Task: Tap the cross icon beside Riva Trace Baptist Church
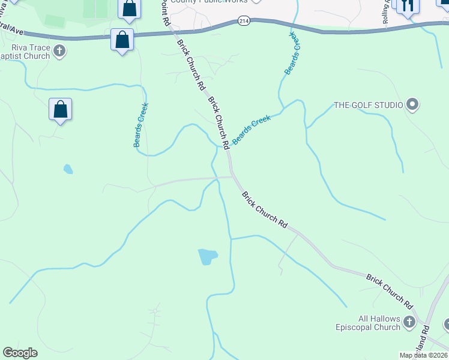pos(59,51)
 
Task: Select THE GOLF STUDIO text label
pos(368,105)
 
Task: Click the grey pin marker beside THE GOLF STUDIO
pos(412,105)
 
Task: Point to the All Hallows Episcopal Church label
pos(370,323)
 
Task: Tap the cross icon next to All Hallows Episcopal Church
pos(409,322)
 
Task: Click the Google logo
pos(20,353)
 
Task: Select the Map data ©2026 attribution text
pos(424,355)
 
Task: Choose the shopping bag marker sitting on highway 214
pos(122,41)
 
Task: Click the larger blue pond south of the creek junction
pos(208,257)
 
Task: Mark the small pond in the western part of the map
pos(68,169)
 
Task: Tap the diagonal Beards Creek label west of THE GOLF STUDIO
pos(252,129)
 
